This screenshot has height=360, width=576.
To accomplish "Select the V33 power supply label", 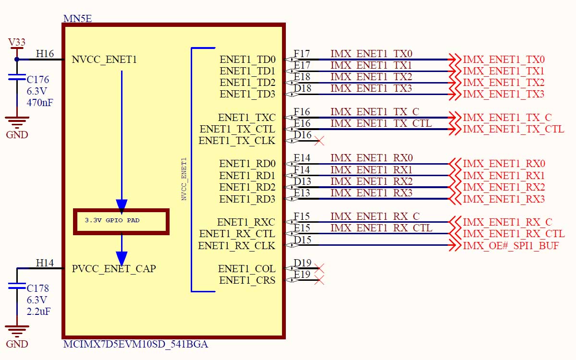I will point(17,43).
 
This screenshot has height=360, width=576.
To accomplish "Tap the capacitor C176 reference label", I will point(38,80).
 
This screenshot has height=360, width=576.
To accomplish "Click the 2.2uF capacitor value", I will point(38,311).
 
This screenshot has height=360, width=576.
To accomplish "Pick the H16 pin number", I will point(45,54).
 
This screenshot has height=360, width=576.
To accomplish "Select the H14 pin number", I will point(45,263).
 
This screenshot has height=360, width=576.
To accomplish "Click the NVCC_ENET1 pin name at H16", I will point(104,60).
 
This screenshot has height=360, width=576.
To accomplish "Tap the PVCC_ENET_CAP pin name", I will point(114,269).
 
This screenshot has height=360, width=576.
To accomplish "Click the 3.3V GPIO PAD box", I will point(121,221).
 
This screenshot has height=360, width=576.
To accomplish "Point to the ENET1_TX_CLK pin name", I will point(237,141).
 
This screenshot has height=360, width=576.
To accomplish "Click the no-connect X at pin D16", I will point(318,141).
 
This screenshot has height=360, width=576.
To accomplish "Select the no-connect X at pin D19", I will point(318,269).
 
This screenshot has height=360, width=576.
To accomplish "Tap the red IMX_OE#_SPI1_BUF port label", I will point(511,246).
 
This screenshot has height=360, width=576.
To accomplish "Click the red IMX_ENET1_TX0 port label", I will point(503,60).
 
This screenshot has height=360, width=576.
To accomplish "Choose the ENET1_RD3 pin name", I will point(247,199).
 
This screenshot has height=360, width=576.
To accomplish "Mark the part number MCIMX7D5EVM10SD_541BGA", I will point(136,345).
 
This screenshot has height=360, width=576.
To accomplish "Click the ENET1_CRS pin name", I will point(247,281).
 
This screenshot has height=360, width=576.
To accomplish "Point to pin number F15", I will point(302,216).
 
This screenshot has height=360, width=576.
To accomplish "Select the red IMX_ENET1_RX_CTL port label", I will point(514,234).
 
